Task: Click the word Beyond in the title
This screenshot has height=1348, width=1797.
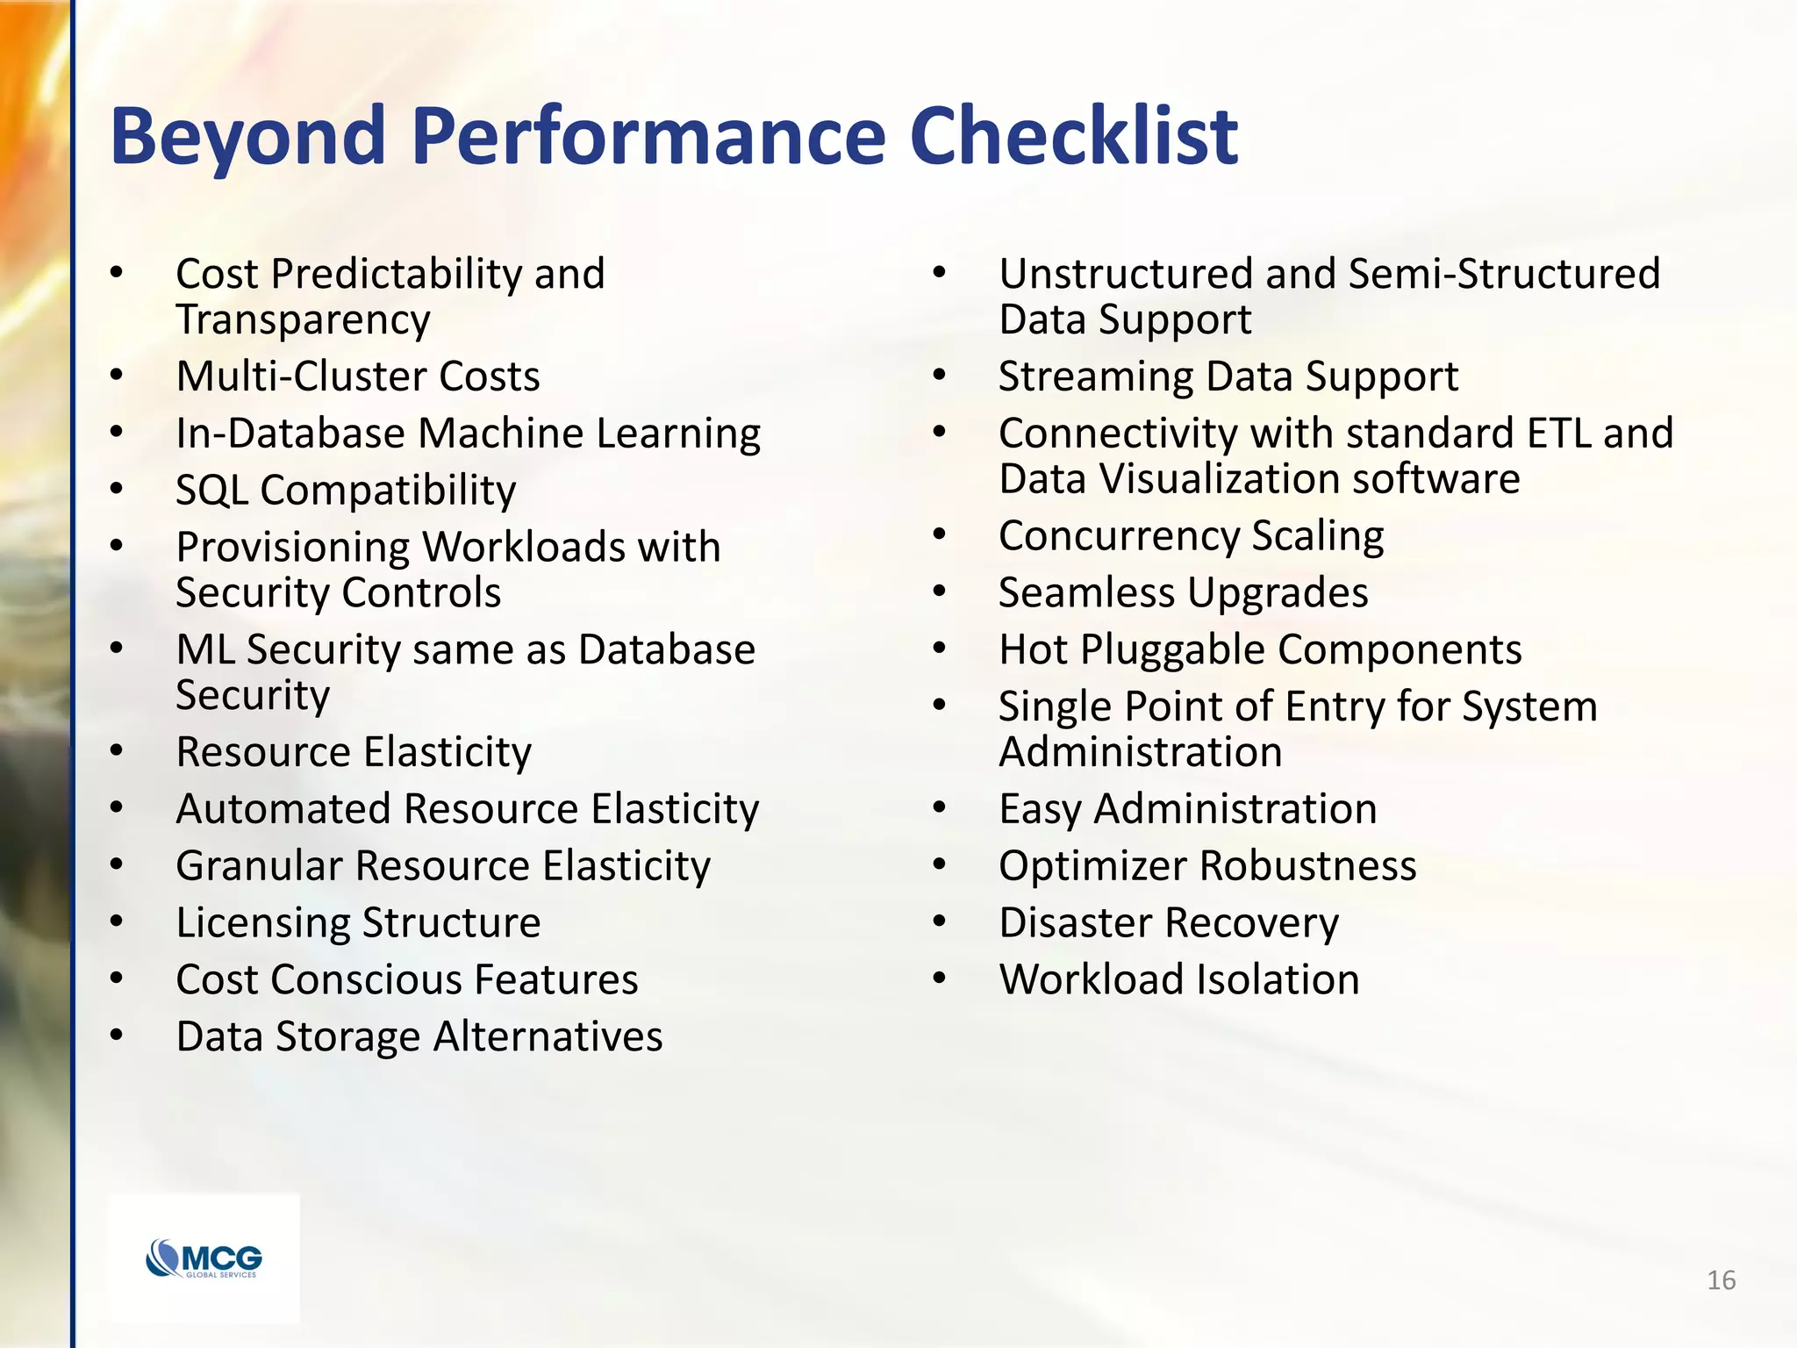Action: (248, 136)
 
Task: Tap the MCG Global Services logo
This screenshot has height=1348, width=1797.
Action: (204, 1258)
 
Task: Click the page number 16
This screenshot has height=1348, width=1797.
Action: (1721, 1280)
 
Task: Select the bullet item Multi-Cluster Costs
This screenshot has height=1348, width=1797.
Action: (357, 376)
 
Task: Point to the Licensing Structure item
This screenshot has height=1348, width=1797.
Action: (357, 923)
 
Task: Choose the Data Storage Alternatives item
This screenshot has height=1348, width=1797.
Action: (419, 1036)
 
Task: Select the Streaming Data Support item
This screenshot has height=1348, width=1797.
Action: (1228, 376)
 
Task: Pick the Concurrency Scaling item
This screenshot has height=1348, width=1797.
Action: (1191, 536)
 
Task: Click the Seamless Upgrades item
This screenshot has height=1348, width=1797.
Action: (1183, 593)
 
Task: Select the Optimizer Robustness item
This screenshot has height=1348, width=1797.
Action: (1207, 866)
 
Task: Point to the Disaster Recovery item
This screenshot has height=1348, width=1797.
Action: (1168, 923)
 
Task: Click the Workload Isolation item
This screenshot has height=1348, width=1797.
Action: (1178, 979)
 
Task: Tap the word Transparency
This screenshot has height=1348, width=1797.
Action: (303, 319)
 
